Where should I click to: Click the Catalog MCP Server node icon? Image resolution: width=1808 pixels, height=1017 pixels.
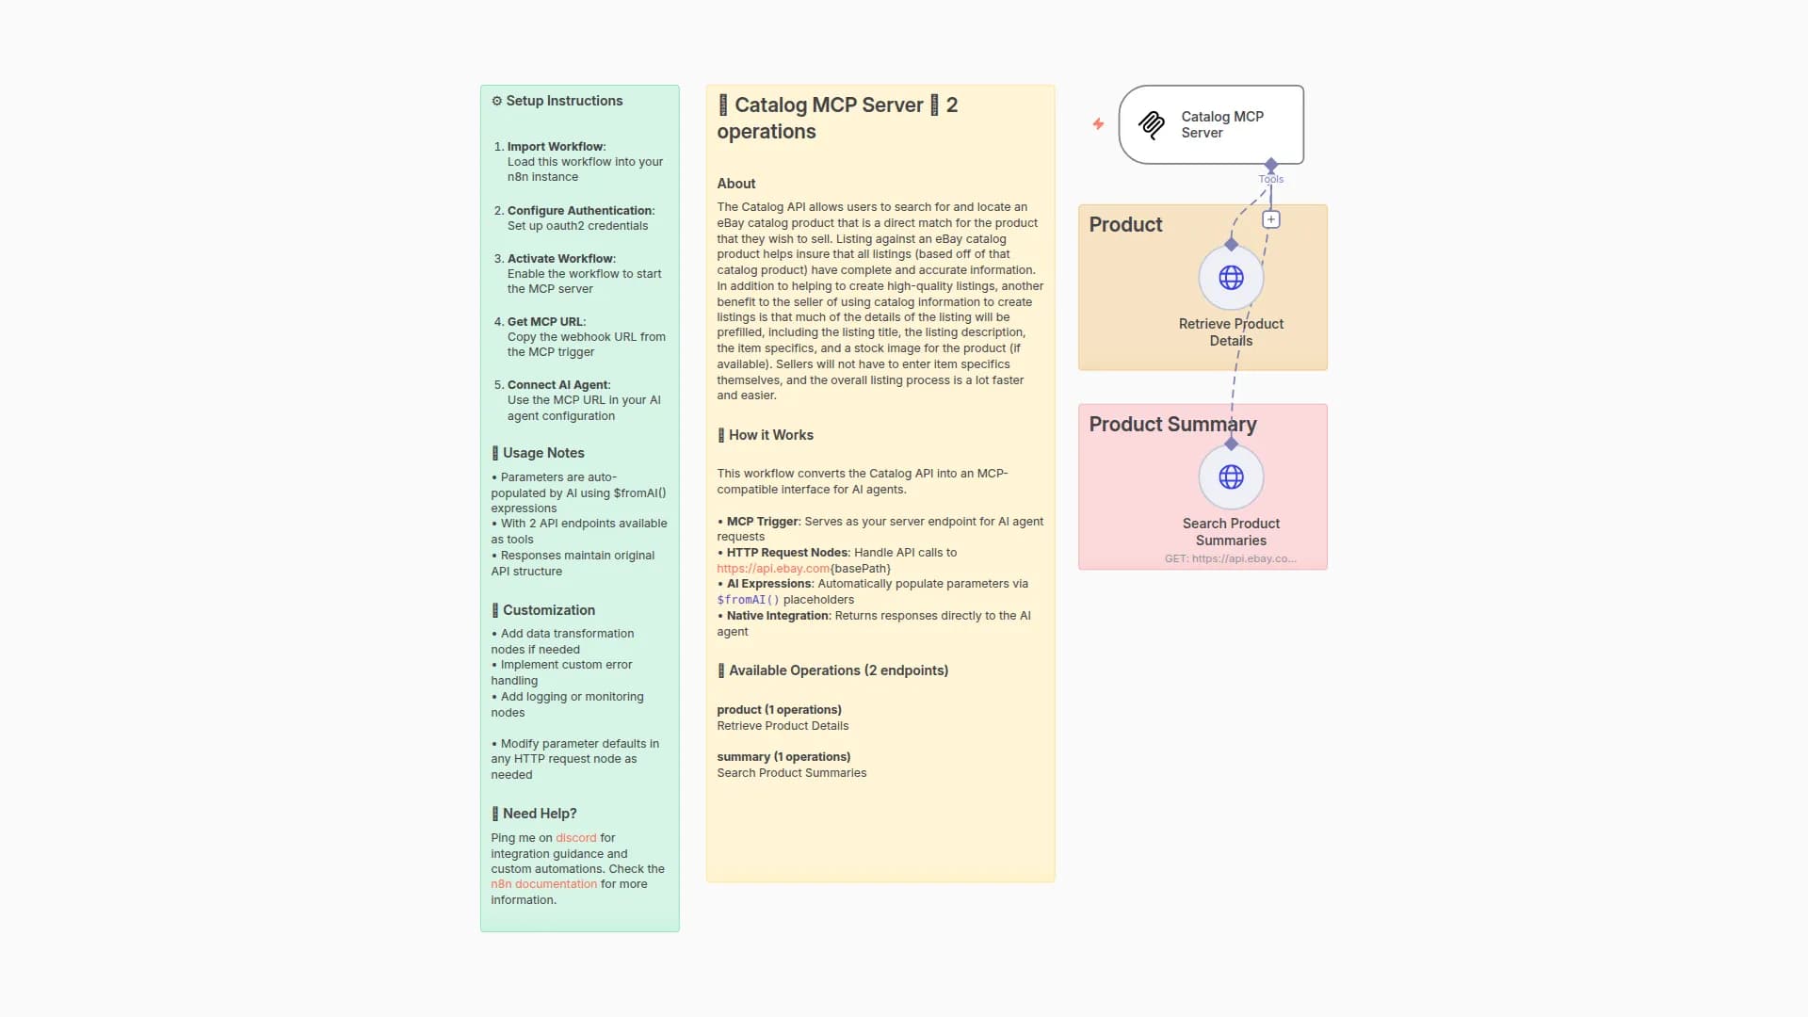click(1151, 124)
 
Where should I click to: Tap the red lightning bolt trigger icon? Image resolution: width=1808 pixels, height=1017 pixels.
click(1098, 124)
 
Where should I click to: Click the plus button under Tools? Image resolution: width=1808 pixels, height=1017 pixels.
click(1270, 219)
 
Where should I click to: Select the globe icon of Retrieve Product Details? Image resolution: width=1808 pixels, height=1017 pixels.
click(1231, 278)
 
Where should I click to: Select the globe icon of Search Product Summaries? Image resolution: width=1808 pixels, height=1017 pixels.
click(1231, 477)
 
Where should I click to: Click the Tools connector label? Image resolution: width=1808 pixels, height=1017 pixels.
click(1270, 179)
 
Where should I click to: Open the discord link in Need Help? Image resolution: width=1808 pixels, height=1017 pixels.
click(575, 838)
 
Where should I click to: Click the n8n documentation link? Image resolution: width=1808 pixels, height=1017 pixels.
click(543, 884)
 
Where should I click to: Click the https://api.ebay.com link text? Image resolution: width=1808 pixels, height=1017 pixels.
click(772, 569)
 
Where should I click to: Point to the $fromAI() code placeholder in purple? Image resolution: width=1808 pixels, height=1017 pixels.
click(748, 600)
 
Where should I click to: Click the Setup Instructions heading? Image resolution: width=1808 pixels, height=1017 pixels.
click(563, 101)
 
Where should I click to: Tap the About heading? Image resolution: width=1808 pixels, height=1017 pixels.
click(735, 184)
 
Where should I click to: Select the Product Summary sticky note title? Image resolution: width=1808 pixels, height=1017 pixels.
click(1172, 425)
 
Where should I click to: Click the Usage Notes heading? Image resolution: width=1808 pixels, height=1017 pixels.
click(542, 453)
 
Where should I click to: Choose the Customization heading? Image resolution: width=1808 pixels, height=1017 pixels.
click(548, 610)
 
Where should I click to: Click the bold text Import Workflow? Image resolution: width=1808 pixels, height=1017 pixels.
click(555, 147)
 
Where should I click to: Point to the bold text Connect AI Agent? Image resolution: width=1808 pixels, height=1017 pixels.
click(557, 385)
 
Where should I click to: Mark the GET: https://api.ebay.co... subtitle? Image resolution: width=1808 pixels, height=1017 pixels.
click(1230, 558)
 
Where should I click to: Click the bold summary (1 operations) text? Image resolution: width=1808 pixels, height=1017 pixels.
click(783, 757)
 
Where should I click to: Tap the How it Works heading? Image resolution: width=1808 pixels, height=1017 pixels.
click(770, 435)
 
